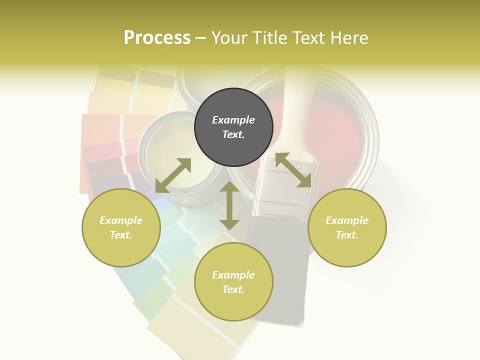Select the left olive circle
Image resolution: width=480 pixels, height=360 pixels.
[121, 227]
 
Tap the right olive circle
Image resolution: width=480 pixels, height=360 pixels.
[347, 227]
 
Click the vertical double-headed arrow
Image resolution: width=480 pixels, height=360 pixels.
[229, 205]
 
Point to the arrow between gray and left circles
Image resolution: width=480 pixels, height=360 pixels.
[173, 175]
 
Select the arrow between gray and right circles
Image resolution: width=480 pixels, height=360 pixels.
[293, 170]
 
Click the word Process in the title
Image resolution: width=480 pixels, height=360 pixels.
[157, 38]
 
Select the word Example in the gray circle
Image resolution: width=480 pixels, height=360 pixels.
[233, 120]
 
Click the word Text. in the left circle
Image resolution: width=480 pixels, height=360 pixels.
[121, 235]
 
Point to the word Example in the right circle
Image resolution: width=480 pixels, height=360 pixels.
[347, 220]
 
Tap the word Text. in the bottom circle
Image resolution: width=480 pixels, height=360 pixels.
[233, 289]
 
